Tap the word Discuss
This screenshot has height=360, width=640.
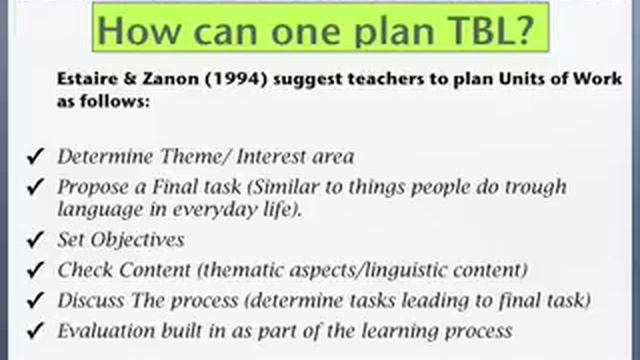pyautogui.click(x=89, y=300)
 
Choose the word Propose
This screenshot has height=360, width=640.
pyautogui.click(x=91, y=187)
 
